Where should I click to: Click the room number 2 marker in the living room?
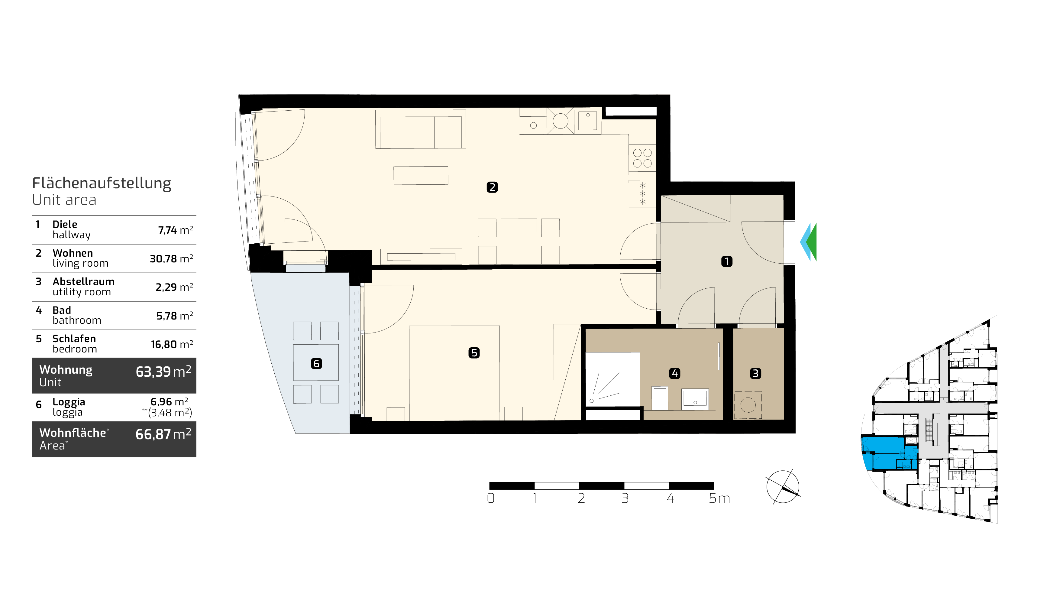tap(492, 187)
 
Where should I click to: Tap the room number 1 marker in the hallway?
tap(727, 261)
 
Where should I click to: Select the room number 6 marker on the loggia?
tap(316, 364)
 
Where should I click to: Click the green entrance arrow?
tap(811, 242)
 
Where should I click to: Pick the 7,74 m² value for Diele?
tap(176, 230)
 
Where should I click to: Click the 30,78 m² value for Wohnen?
tap(171, 259)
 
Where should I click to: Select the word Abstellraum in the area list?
tap(83, 281)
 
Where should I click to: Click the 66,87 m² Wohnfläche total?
tap(163, 434)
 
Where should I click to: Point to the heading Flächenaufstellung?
tap(102, 183)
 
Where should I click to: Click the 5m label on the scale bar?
tap(719, 498)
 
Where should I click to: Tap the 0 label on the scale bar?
tap(491, 498)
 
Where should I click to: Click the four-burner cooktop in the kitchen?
tap(642, 158)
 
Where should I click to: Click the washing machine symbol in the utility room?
tap(748, 405)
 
